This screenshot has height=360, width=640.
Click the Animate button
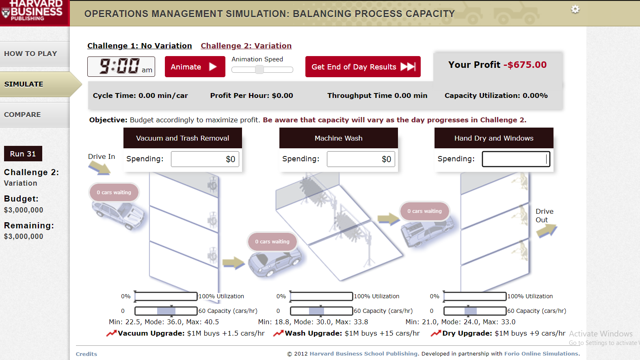(195, 67)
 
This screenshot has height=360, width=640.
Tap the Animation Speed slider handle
(259, 69)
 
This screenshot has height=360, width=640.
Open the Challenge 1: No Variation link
(139, 46)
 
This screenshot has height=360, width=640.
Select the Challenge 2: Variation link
(246, 46)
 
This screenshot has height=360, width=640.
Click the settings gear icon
(575, 9)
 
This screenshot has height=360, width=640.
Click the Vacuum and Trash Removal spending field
(205, 159)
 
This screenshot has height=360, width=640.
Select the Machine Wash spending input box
(361, 159)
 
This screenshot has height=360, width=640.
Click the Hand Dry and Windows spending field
(516, 159)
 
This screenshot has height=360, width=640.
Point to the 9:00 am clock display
(121, 67)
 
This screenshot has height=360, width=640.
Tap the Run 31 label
(23, 154)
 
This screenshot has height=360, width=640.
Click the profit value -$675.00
(525, 65)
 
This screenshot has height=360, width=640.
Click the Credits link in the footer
(86, 354)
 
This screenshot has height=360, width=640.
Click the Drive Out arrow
(547, 230)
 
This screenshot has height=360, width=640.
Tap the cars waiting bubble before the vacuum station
(114, 193)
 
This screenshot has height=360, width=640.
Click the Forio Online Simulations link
(541, 354)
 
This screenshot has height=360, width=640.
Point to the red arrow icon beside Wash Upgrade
(279, 334)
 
